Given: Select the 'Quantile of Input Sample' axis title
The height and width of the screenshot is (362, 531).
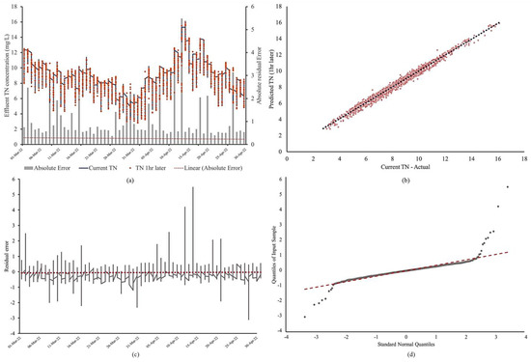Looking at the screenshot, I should point(275,253).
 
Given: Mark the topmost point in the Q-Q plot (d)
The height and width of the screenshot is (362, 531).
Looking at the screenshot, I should point(509,187).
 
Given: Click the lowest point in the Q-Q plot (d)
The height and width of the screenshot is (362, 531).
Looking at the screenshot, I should point(305,317).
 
